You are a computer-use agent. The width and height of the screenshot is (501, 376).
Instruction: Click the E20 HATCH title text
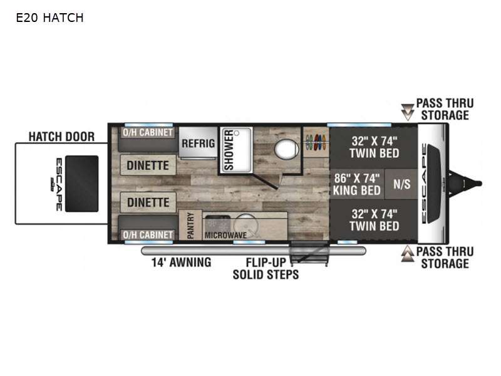click(49, 18)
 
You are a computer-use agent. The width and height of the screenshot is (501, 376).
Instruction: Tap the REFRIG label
click(198, 144)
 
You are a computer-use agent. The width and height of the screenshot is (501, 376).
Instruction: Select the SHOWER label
click(229, 150)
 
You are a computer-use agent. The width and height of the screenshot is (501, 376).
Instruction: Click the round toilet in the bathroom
click(287, 149)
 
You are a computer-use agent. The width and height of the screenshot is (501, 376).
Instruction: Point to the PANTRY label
click(190, 225)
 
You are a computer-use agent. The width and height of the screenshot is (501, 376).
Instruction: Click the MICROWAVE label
click(225, 236)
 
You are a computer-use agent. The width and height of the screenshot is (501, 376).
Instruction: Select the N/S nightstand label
click(401, 184)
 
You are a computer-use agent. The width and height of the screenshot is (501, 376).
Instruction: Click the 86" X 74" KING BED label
click(356, 184)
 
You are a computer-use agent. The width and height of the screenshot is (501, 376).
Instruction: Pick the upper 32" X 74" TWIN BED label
click(374, 147)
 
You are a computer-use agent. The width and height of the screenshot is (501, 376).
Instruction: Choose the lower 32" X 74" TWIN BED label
click(374, 220)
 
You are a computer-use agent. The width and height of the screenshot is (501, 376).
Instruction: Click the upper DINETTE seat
click(148, 165)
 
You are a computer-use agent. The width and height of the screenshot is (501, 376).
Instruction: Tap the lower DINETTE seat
click(148, 202)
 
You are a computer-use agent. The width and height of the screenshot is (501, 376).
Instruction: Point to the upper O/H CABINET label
click(148, 132)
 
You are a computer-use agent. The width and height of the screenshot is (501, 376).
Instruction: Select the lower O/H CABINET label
click(148, 234)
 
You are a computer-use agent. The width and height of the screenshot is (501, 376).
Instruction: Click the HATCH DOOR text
click(61, 137)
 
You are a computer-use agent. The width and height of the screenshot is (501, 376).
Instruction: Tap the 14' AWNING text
click(181, 263)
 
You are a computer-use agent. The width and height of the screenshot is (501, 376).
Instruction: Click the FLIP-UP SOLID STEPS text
click(266, 269)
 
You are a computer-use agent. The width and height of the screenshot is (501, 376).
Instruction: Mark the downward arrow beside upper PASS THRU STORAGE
click(408, 112)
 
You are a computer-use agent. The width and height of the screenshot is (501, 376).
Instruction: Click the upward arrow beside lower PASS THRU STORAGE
click(408, 254)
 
